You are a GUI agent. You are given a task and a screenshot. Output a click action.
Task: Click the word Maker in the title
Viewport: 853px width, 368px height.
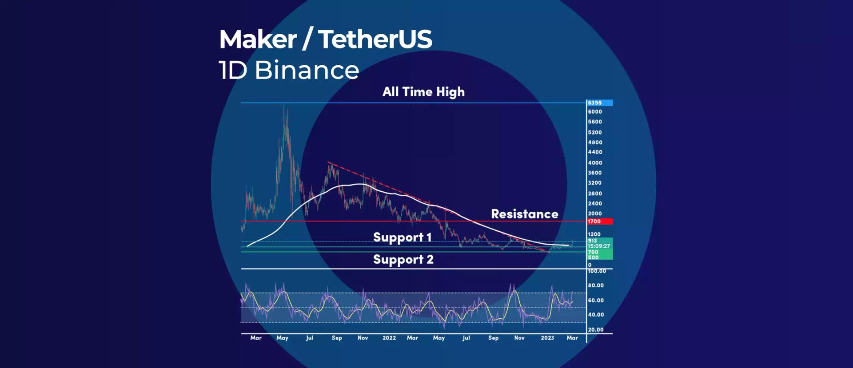click(258, 39)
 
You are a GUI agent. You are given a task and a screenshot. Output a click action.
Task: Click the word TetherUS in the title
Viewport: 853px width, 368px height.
click(375, 39)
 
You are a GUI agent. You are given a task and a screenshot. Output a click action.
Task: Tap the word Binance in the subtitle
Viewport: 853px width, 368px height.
click(307, 70)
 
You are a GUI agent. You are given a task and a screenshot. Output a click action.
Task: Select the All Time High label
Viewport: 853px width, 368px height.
click(423, 92)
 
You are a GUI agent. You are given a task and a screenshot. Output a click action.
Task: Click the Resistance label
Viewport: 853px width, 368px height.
click(524, 214)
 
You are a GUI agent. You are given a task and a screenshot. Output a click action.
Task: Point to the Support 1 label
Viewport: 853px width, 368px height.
click(402, 237)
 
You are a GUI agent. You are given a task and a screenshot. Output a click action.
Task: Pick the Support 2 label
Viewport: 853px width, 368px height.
click(403, 260)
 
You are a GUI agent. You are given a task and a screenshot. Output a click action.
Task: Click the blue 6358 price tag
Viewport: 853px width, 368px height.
click(598, 103)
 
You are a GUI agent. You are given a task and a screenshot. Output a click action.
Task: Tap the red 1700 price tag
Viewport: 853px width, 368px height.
click(598, 221)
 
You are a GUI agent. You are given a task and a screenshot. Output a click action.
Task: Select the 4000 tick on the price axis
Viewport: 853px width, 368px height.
click(595, 162)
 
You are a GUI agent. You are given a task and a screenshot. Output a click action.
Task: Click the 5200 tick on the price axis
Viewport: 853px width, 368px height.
click(595, 132)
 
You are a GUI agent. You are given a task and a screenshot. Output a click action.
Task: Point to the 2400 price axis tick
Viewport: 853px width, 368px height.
click(595, 203)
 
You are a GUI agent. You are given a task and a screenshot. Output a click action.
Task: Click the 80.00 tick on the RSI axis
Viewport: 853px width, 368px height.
click(596, 285)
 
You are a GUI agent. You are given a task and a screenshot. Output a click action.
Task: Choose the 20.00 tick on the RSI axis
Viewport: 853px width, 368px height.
click(596, 329)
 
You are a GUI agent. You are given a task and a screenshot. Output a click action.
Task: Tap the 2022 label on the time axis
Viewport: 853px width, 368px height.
click(389, 338)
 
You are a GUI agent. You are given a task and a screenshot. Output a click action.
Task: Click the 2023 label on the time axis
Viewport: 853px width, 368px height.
click(547, 338)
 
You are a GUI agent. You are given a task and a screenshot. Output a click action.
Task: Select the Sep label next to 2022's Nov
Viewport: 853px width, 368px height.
click(493, 338)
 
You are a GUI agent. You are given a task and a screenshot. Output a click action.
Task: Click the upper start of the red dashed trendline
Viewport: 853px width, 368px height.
click(329, 162)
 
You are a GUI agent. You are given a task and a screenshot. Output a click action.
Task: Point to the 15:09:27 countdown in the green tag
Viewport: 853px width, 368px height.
click(599, 246)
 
